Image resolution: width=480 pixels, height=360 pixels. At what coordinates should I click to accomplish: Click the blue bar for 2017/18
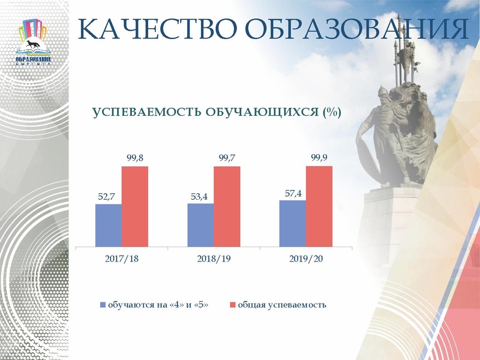pyautogui.click(x=108, y=225)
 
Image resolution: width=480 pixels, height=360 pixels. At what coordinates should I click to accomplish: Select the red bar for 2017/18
pyautogui.click(x=134, y=206)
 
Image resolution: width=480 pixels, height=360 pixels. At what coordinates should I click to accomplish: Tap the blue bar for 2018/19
pyautogui.click(x=200, y=224)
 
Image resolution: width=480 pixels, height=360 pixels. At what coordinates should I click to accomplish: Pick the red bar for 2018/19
pyautogui.click(x=227, y=206)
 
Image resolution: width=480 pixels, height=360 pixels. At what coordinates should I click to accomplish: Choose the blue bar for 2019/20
pyautogui.click(x=293, y=223)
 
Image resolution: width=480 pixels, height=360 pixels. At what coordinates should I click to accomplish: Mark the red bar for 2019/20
pyautogui.click(x=319, y=206)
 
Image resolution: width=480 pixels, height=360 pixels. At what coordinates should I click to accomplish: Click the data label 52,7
pyautogui.click(x=107, y=196)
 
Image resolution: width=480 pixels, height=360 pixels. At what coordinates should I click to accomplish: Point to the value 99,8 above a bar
pyautogui.click(x=135, y=158)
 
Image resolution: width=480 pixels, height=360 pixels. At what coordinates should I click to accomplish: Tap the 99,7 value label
pyautogui.click(x=227, y=158)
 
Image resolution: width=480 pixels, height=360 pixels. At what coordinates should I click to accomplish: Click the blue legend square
pyautogui.click(x=103, y=305)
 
